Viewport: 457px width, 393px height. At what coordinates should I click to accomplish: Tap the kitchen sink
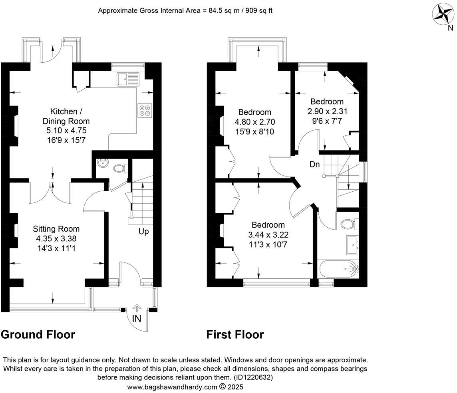pos(127,79)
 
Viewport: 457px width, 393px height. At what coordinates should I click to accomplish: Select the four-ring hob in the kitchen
pos(144,110)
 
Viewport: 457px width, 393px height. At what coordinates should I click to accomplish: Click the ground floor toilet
pos(119,169)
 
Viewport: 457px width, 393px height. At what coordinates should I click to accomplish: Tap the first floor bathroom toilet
pos(349,224)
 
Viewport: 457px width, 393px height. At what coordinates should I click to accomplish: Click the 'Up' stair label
pos(143,231)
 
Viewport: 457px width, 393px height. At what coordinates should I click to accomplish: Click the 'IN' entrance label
pos(137,318)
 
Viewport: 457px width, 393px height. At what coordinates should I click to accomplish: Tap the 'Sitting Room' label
pos(56,229)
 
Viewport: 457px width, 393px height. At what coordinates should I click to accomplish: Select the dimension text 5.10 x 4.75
pos(66,131)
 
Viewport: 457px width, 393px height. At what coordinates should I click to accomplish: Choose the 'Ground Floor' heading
pos(38,334)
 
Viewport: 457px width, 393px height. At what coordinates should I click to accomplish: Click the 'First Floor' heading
pos(235,334)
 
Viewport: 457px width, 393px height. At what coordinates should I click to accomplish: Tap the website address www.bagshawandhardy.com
pos(172,387)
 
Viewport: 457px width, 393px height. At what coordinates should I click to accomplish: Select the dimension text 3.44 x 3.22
pos(268,235)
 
